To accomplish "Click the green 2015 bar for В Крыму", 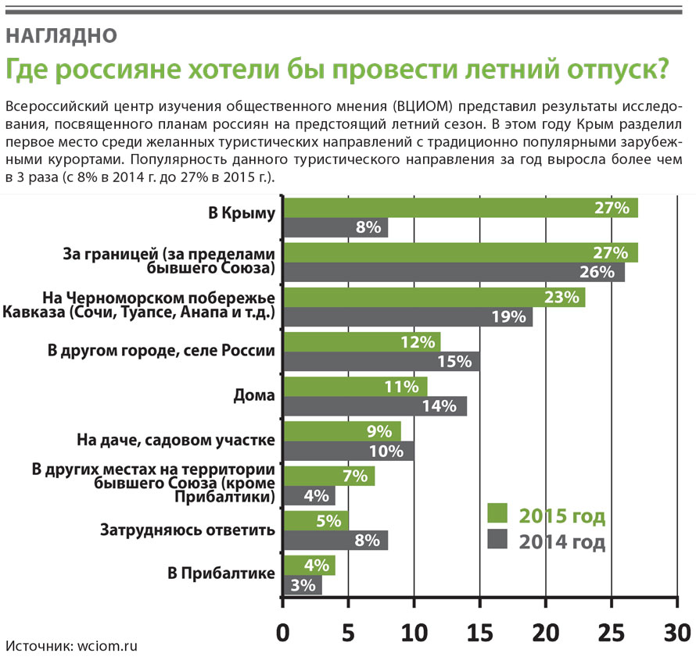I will pos(460,208).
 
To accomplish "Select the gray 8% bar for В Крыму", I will pos(335,228).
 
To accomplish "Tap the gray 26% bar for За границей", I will pos(454,273).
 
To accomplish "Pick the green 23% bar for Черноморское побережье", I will pos(434,298).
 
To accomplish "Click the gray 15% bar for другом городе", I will pos(382,362).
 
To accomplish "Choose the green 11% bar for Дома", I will pos(355,386).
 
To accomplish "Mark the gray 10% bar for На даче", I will pos(349,451).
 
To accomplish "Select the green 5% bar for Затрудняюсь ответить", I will pos(316,521).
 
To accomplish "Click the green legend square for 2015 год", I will pos(498,514).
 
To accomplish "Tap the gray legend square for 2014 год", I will pos(498,540).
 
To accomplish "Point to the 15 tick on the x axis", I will pos(480,630).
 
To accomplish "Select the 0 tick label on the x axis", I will pos(283,630).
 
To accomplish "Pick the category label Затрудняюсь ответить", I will pos(188,531).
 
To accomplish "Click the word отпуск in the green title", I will pos(612,70).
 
